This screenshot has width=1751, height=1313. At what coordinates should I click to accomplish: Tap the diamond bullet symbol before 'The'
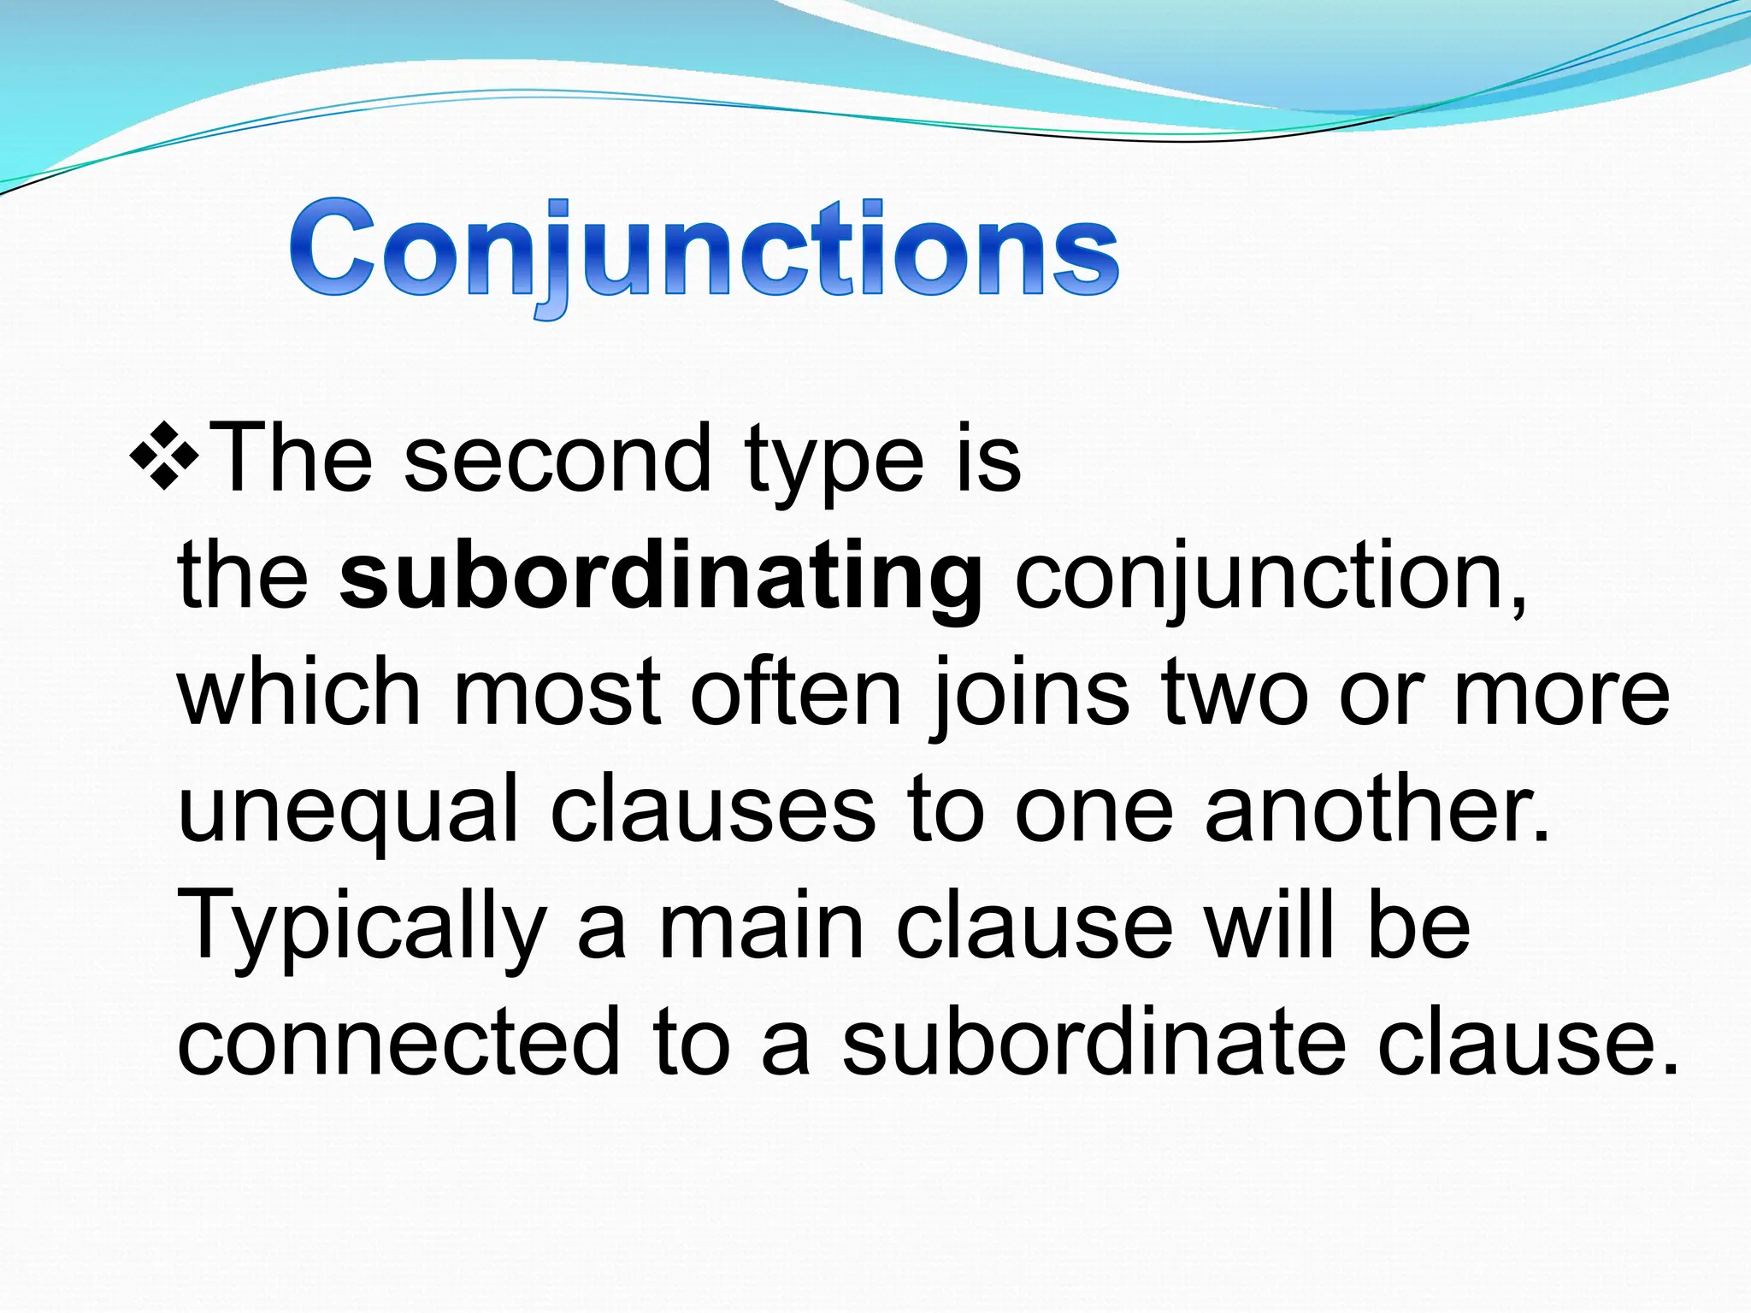click(x=165, y=454)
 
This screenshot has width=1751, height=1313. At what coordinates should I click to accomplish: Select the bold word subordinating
click(x=660, y=578)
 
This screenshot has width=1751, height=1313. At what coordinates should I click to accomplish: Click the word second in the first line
click(x=557, y=460)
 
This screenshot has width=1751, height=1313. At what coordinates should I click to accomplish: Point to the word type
click(x=834, y=466)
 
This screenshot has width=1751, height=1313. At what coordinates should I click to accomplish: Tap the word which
click(x=299, y=692)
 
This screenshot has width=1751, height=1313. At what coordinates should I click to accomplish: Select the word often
click(x=796, y=692)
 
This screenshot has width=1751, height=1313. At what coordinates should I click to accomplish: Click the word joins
click(x=1030, y=697)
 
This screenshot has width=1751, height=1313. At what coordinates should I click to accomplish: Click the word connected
click(x=398, y=1043)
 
